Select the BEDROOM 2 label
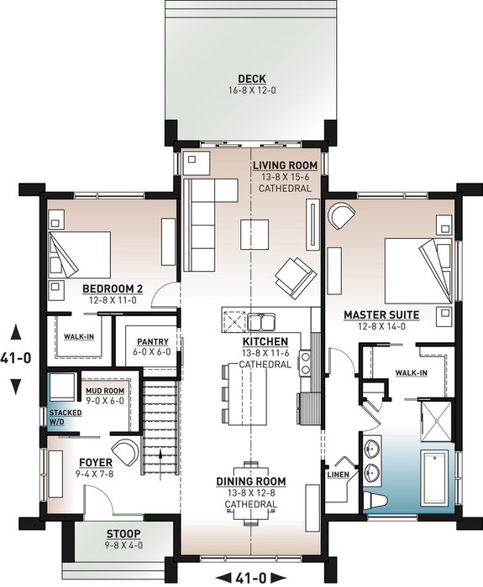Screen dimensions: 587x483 click(x=113, y=288)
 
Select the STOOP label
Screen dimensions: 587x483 click(x=123, y=534)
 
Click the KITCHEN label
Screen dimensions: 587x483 click(x=265, y=342)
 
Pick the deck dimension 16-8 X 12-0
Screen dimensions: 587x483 click(x=251, y=90)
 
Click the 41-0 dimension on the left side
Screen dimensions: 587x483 click(x=16, y=357)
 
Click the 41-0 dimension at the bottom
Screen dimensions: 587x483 click(x=252, y=577)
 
